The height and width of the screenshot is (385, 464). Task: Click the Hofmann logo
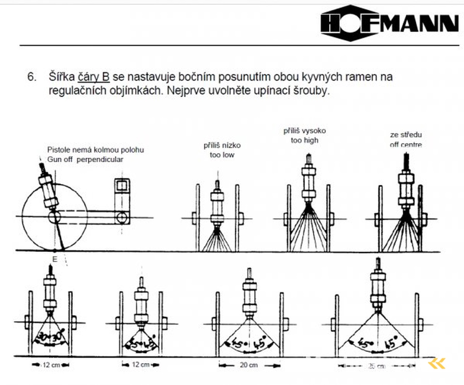tap(389, 23)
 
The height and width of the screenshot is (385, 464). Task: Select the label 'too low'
tap(222, 155)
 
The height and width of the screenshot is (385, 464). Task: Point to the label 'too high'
tap(304, 141)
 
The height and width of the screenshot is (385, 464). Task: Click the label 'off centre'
tap(406, 145)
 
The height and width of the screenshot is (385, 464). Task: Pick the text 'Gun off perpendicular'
tap(85, 159)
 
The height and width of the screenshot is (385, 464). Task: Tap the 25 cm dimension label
tap(376, 366)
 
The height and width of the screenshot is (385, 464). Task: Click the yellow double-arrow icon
tap(437, 363)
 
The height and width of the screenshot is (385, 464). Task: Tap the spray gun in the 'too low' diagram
tap(217, 204)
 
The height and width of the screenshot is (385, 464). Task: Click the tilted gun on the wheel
tap(48, 191)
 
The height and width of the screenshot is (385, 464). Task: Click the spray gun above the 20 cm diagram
tap(249, 295)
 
